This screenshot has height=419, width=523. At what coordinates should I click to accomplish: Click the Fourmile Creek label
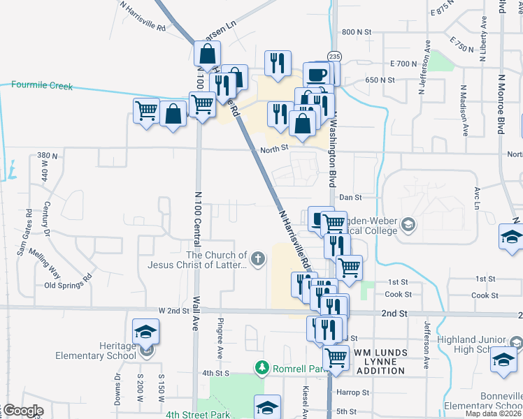[42, 86]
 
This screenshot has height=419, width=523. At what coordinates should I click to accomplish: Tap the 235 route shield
[334, 56]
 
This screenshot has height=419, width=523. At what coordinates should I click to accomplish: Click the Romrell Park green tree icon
[261, 367]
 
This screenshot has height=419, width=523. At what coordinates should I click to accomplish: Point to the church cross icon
[258, 260]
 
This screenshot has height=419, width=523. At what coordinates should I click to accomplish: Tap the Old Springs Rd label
[68, 285]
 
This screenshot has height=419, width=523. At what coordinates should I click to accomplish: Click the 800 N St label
[356, 32]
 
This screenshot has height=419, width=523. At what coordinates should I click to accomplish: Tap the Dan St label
[349, 198]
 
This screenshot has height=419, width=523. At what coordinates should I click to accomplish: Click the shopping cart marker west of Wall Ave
[146, 110]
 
